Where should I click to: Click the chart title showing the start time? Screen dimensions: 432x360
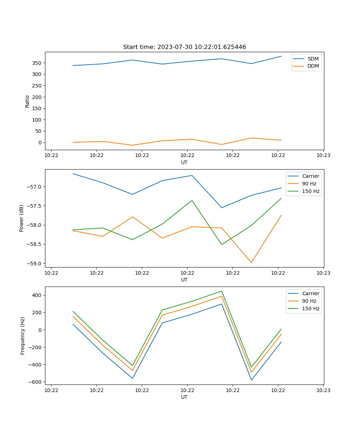pos(184,47)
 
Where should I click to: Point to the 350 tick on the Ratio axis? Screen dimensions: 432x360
pos(37,63)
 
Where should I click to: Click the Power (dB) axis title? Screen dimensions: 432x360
pos(22,218)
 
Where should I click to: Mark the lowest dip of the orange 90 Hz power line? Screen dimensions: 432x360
pos(251,262)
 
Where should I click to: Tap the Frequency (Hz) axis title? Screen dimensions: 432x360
pos(22,336)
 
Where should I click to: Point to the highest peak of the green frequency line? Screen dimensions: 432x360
pos(222,291)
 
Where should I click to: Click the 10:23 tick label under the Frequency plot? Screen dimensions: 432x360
pos(323,390)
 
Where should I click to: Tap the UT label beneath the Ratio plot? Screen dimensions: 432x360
pos(184,162)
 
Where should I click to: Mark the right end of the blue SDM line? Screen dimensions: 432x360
pos(281,56)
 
